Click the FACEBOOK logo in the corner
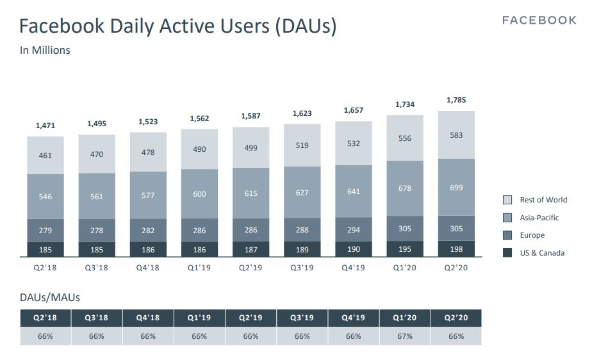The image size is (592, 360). click(539, 20)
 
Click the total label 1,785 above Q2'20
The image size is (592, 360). click(456, 100)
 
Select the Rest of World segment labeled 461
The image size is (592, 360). click(45, 155)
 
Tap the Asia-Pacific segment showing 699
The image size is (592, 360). click(456, 187)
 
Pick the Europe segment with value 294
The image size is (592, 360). click(353, 230)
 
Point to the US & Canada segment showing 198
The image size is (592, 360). click(456, 249)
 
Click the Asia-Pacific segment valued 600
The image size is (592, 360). click(199, 193)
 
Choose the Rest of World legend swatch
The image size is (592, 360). click(507, 200)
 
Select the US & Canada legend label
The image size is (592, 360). click(542, 253)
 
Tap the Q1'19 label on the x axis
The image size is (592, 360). click(199, 268)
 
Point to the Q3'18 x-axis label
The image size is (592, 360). click(97, 268)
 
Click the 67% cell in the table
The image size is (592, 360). click(404, 336)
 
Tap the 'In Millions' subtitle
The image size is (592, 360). click(45, 50)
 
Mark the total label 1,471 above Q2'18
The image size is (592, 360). click(45, 126)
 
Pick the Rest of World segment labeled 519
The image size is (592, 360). click(302, 145)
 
